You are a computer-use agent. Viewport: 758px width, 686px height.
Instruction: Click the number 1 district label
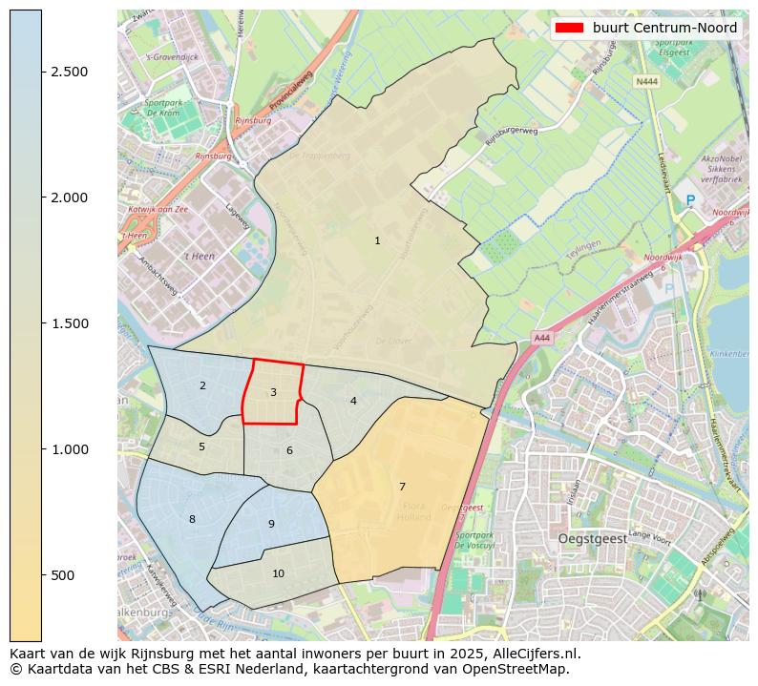(377, 241)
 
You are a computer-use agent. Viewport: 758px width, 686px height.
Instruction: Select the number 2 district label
(202, 386)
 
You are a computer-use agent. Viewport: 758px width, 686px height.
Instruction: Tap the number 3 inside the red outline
(273, 393)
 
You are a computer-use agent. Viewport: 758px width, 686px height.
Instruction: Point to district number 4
(353, 402)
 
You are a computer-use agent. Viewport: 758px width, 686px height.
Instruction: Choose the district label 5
(201, 447)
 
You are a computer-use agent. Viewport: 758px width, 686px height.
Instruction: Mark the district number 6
(289, 451)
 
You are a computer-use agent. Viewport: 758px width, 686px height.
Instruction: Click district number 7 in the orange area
(402, 488)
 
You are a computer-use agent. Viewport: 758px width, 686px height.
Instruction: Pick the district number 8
(192, 520)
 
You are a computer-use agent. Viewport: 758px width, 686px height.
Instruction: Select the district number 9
(271, 525)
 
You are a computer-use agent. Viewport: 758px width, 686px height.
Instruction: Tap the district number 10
(278, 574)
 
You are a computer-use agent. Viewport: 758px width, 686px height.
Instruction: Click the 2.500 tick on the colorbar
(69, 73)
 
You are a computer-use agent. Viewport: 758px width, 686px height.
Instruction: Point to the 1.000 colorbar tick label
(69, 449)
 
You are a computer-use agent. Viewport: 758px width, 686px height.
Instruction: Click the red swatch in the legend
(570, 29)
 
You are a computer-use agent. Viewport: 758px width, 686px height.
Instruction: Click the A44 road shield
(542, 338)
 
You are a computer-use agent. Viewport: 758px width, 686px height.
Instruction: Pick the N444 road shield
(646, 82)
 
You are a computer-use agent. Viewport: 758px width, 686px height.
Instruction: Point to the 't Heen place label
(199, 257)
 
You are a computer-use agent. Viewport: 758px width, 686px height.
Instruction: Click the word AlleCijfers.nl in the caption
(535, 655)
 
